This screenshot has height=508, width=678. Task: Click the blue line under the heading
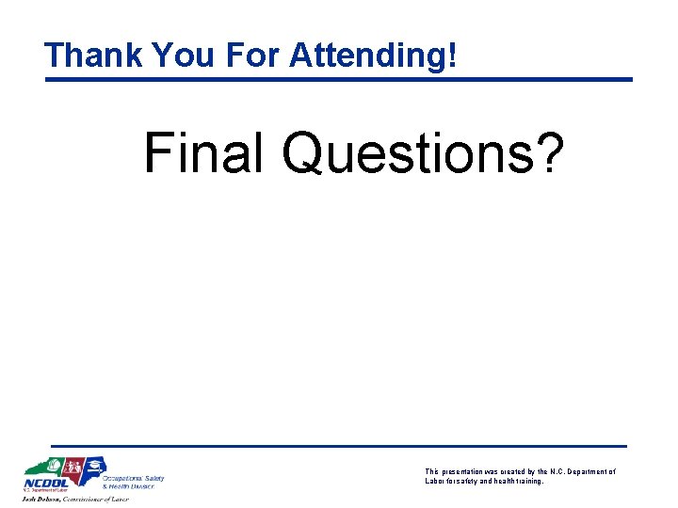click(x=339, y=79)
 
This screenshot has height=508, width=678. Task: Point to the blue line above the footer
click(x=339, y=445)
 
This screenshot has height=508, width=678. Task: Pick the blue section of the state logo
click(x=93, y=466)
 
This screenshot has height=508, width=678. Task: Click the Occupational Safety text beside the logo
click(x=139, y=478)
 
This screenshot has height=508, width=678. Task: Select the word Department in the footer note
click(x=584, y=471)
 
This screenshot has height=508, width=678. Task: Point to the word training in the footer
click(x=525, y=481)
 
